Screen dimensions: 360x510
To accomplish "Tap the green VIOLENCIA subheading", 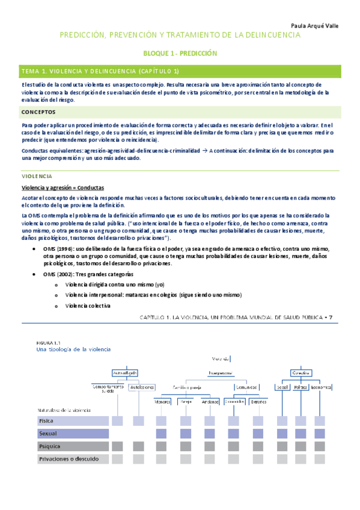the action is coord(37,176).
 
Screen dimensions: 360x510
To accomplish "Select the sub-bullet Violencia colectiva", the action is coord(87,306).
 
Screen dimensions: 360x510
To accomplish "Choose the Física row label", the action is coord(47,421).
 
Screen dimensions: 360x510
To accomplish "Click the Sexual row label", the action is coord(48,433).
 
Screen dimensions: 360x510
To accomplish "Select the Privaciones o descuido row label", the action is coord(69,458).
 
